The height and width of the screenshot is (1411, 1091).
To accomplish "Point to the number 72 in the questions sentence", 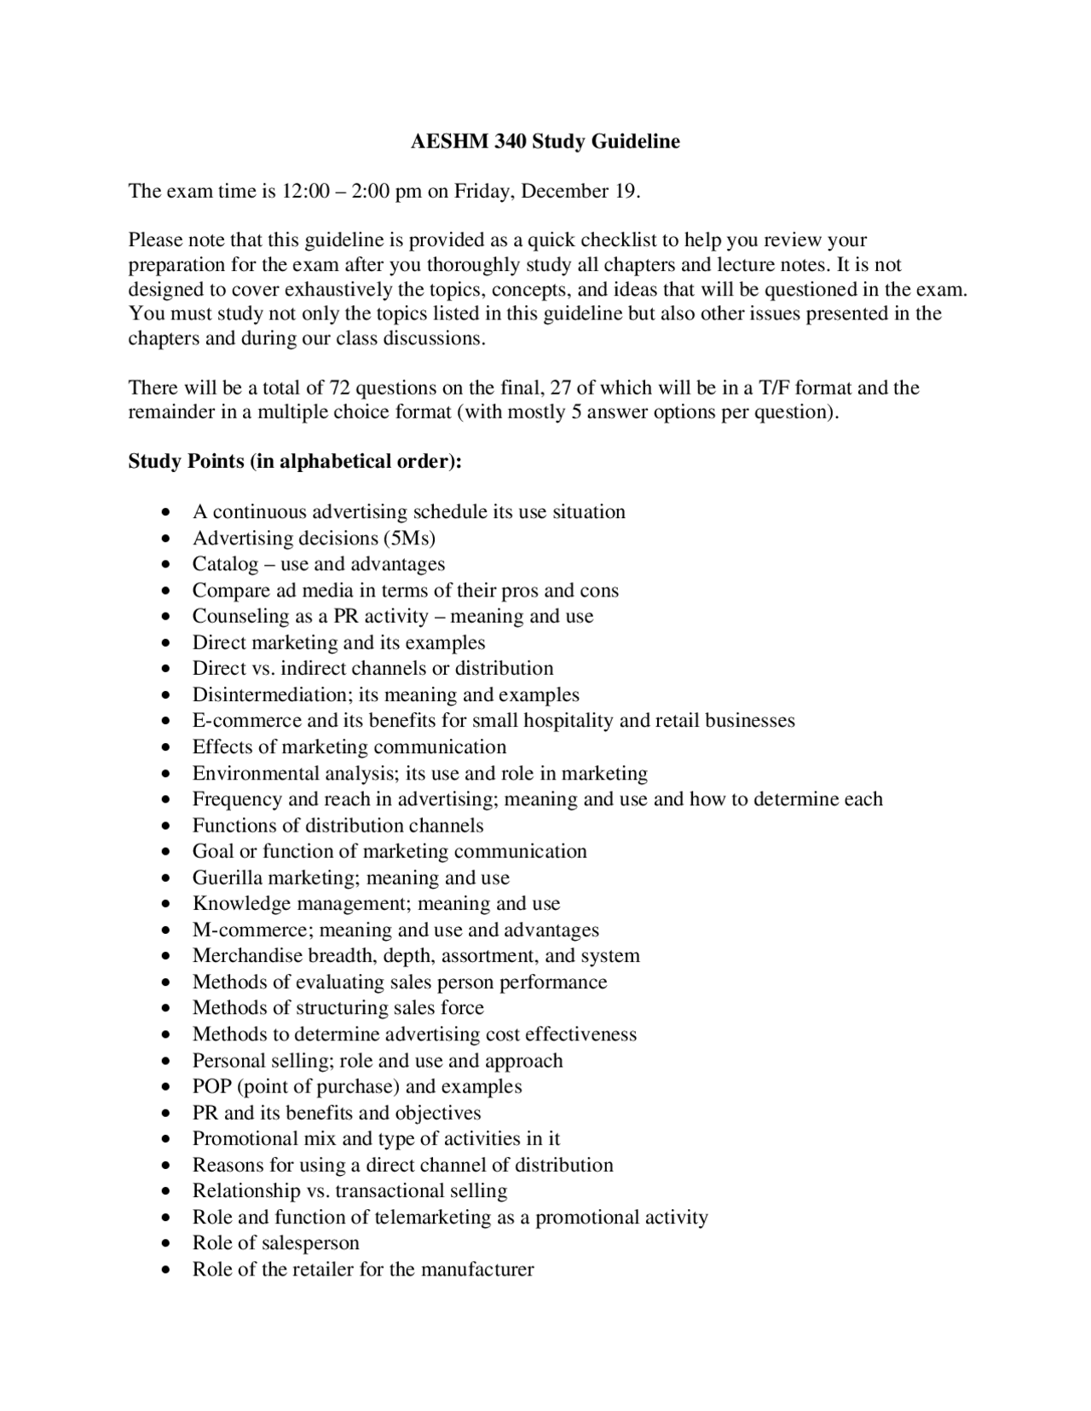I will click(339, 389).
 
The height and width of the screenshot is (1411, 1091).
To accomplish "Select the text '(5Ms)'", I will click(409, 538).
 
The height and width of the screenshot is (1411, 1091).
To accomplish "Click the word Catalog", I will click(225, 564).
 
